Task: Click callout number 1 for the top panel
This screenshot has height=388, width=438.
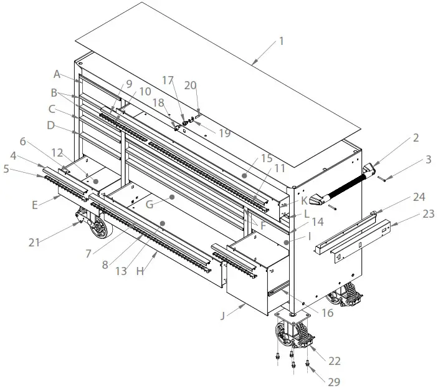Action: point(281,41)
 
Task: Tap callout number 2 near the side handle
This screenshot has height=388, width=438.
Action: point(416,138)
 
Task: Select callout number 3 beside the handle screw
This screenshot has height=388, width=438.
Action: point(428,160)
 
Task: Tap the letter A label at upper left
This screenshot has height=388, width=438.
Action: point(57,74)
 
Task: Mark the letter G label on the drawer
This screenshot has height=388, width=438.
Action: point(148,204)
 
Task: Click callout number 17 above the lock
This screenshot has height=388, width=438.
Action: point(167,80)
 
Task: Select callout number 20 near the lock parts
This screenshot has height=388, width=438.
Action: point(191,85)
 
